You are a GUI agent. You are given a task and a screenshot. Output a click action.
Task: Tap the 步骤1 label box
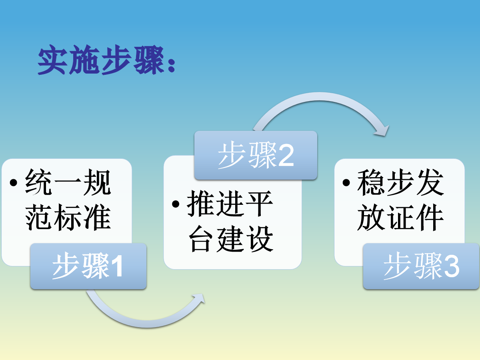pos(88,266)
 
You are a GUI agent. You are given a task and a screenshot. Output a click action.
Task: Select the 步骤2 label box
pos(256,155)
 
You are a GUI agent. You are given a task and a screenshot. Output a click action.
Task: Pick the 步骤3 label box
pos(421,266)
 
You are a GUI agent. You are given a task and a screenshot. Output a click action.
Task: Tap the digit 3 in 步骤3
pos(451,266)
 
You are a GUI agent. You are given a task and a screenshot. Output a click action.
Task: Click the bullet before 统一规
pos(14,183)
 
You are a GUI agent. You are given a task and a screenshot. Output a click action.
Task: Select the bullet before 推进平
pos(176,204)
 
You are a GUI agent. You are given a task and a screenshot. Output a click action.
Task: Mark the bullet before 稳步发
pos(346,183)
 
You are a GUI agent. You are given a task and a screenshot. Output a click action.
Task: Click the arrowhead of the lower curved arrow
pos(198,298)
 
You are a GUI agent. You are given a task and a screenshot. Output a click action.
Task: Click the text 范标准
pos(68,217)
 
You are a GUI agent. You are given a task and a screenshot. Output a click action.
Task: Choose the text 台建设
pos(231,239)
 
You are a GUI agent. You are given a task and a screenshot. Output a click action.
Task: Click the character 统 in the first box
pos(38,182)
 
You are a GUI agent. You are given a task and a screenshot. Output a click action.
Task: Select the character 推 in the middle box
pos(201,204)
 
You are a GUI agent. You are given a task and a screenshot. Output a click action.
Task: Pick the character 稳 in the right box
pos(371,182)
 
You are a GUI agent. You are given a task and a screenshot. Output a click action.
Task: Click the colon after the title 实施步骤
pos(172,65)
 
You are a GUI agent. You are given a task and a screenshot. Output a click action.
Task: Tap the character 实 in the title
pos(52,60)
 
